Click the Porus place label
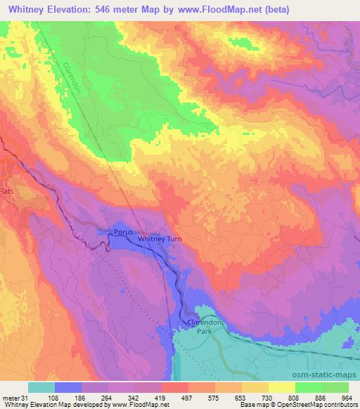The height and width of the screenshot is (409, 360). click(123, 231)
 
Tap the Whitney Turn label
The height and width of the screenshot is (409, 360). click(159, 239)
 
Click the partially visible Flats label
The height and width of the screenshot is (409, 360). click(6, 190)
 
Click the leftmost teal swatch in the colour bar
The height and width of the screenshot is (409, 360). click(41, 387)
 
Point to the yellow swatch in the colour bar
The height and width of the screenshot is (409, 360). click(282, 387)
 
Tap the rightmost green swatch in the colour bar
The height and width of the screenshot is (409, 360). click(335, 387)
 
